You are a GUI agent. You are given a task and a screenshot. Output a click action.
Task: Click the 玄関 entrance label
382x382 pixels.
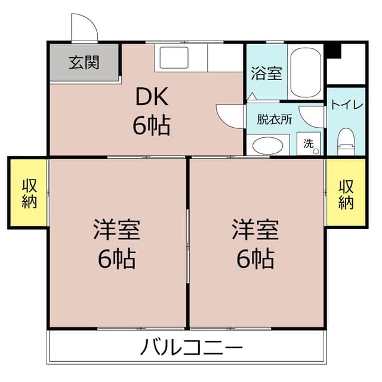pyautogui.click(x=84, y=62)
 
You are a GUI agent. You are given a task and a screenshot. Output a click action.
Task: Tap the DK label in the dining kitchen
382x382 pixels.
pyautogui.click(x=152, y=97)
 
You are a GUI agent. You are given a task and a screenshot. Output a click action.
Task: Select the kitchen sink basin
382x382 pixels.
pyautogui.click(x=174, y=57)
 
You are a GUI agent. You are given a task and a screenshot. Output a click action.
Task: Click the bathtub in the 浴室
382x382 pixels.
pyautogui.click(x=306, y=72)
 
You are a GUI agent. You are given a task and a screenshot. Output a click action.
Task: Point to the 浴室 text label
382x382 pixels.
pyautogui.click(x=267, y=73)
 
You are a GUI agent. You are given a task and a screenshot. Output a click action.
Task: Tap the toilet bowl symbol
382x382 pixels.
pyautogui.click(x=346, y=142)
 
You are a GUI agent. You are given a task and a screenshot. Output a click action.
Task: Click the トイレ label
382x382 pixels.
pyautogui.click(x=347, y=105)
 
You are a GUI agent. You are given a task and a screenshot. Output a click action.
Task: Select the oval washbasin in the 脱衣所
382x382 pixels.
pyautogui.click(x=268, y=146)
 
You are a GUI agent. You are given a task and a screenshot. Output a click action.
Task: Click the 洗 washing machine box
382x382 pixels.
pyautogui.click(x=309, y=143)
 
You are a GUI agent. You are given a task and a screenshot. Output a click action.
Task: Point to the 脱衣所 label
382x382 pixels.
pyautogui.click(x=275, y=119)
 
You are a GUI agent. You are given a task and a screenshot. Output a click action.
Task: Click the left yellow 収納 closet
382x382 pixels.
pyautogui.click(x=29, y=192)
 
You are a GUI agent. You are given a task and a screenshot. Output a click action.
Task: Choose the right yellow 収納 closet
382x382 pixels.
pyautogui.click(x=346, y=192)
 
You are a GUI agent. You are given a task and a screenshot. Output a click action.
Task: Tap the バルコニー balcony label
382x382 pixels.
pyautogui.click(x=192, y=347)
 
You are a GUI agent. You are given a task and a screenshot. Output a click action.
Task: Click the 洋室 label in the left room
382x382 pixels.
pyautogui.click(x=116, y=229)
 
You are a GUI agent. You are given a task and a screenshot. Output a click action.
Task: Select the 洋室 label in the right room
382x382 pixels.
pyautogui.click(x=255, y=229)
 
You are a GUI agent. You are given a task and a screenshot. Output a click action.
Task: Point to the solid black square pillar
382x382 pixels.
pyautogui.click(x=334, y=51)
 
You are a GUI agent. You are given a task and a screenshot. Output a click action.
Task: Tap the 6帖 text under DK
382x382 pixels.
pyautogui.click(x=151, y=126)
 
